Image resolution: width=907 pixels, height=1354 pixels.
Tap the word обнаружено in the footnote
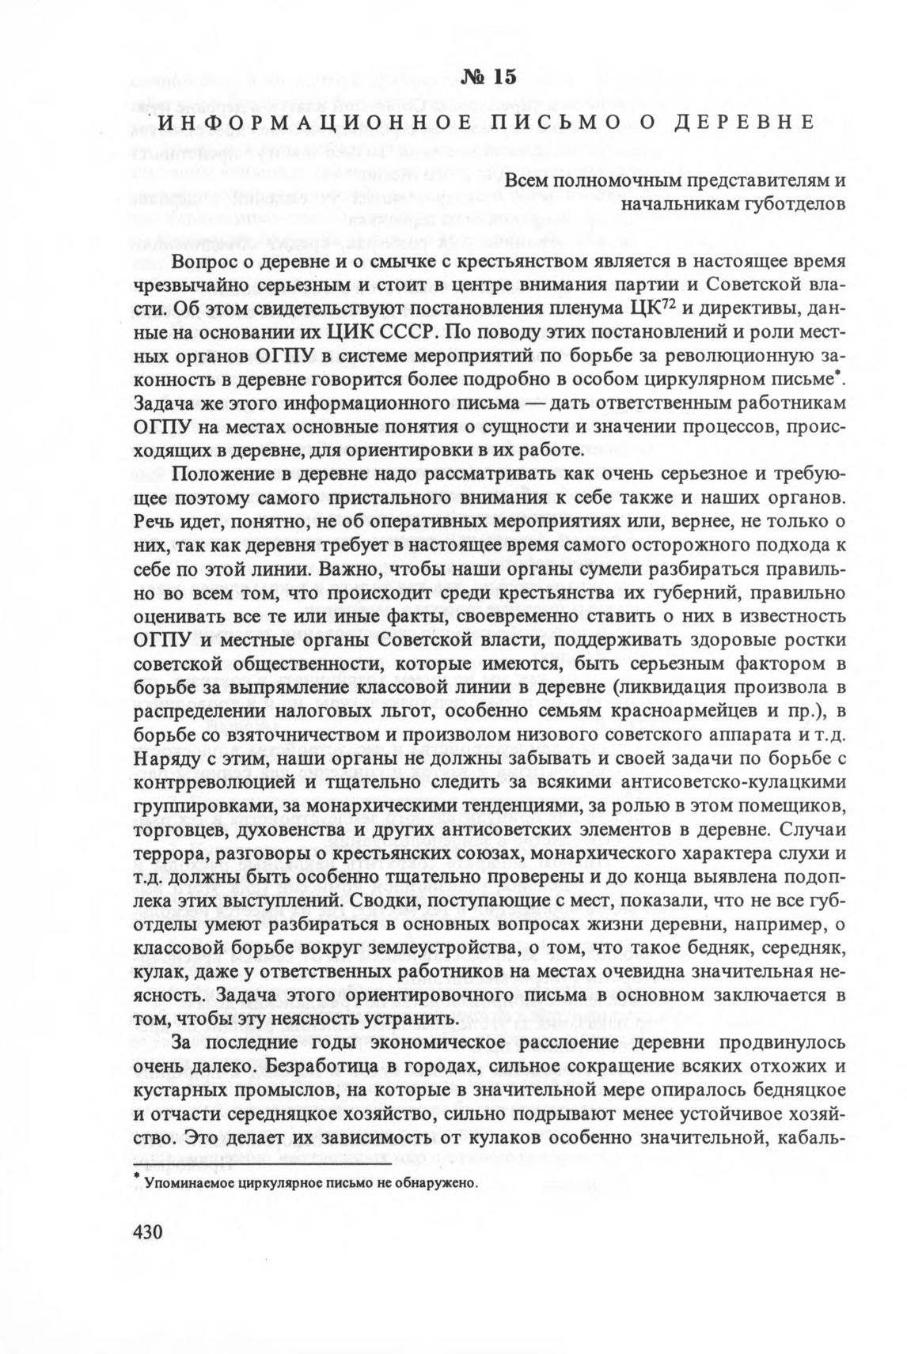(x=438, y=1183)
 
